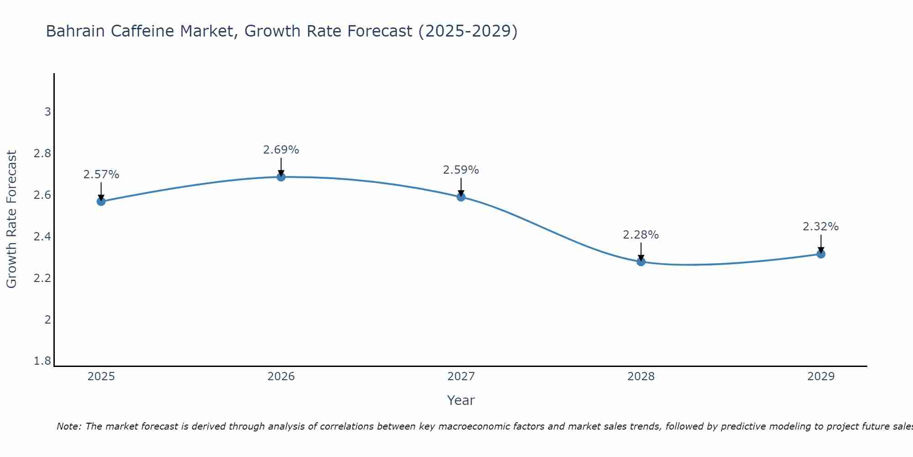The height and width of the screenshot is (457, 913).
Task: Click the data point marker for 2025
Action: (x=101, y=201)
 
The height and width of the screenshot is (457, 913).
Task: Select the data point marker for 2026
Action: (x=281, y=177)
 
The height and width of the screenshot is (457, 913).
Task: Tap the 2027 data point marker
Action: (x=461, y=197)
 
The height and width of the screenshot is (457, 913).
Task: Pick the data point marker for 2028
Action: (x=641, y=262)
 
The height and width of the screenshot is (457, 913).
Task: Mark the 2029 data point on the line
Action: (x=821, y=254)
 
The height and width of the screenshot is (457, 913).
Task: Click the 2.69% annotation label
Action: (x=281, y=150)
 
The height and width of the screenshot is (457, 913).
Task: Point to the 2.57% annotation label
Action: (x=101, y=175)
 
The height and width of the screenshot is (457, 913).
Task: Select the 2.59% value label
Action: (x=461, y=170)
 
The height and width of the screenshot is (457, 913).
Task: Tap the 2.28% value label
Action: (x=641, y=235)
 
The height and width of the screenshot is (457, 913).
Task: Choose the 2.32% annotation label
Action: (x=821, y=227)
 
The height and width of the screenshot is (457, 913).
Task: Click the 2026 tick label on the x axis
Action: (x=281, y=377)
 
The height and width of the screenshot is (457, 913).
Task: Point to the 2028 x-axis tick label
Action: (x=641, y=377)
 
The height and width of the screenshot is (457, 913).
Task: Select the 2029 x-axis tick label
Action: (x=821, y=377)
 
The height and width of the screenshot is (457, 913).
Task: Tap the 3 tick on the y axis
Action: (x=47, y=112)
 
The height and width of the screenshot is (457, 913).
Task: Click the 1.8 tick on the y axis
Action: (x=42, y=361)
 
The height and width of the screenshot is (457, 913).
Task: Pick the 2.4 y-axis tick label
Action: (x=42, y=237)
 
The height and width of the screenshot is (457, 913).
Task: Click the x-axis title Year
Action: (x=461, y=400)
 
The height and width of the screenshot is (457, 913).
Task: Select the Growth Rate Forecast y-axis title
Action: (x=12, y=219)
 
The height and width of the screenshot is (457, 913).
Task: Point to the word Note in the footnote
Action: (x=68, y=426)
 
